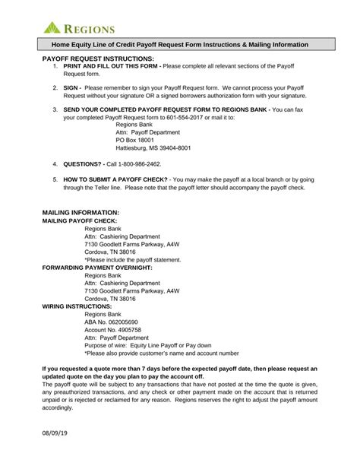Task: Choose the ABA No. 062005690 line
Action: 111,322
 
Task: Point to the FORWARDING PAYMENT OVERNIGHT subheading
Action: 97,268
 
